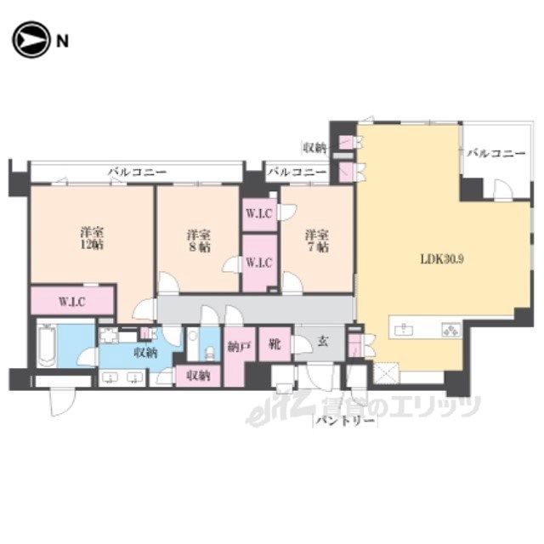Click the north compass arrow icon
tap(31, 40)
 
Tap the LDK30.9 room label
tap(442, 258)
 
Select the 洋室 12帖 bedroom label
tap(93, 238)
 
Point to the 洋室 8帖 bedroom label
tap(198, 241)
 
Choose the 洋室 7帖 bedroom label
tap(317, 241)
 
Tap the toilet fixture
tap(210, 354)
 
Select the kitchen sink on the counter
tap(404, 329)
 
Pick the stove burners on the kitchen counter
tap(450, 329)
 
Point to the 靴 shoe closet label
tap(275, 344)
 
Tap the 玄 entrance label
tap(323, 342)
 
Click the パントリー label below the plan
tap(346, 422)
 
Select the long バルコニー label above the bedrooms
tap(138, 172)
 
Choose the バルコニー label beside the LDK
tap(496, 153)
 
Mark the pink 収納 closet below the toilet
tap(198, 376)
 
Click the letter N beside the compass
tap(62, 42)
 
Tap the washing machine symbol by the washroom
tap(109, 336)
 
